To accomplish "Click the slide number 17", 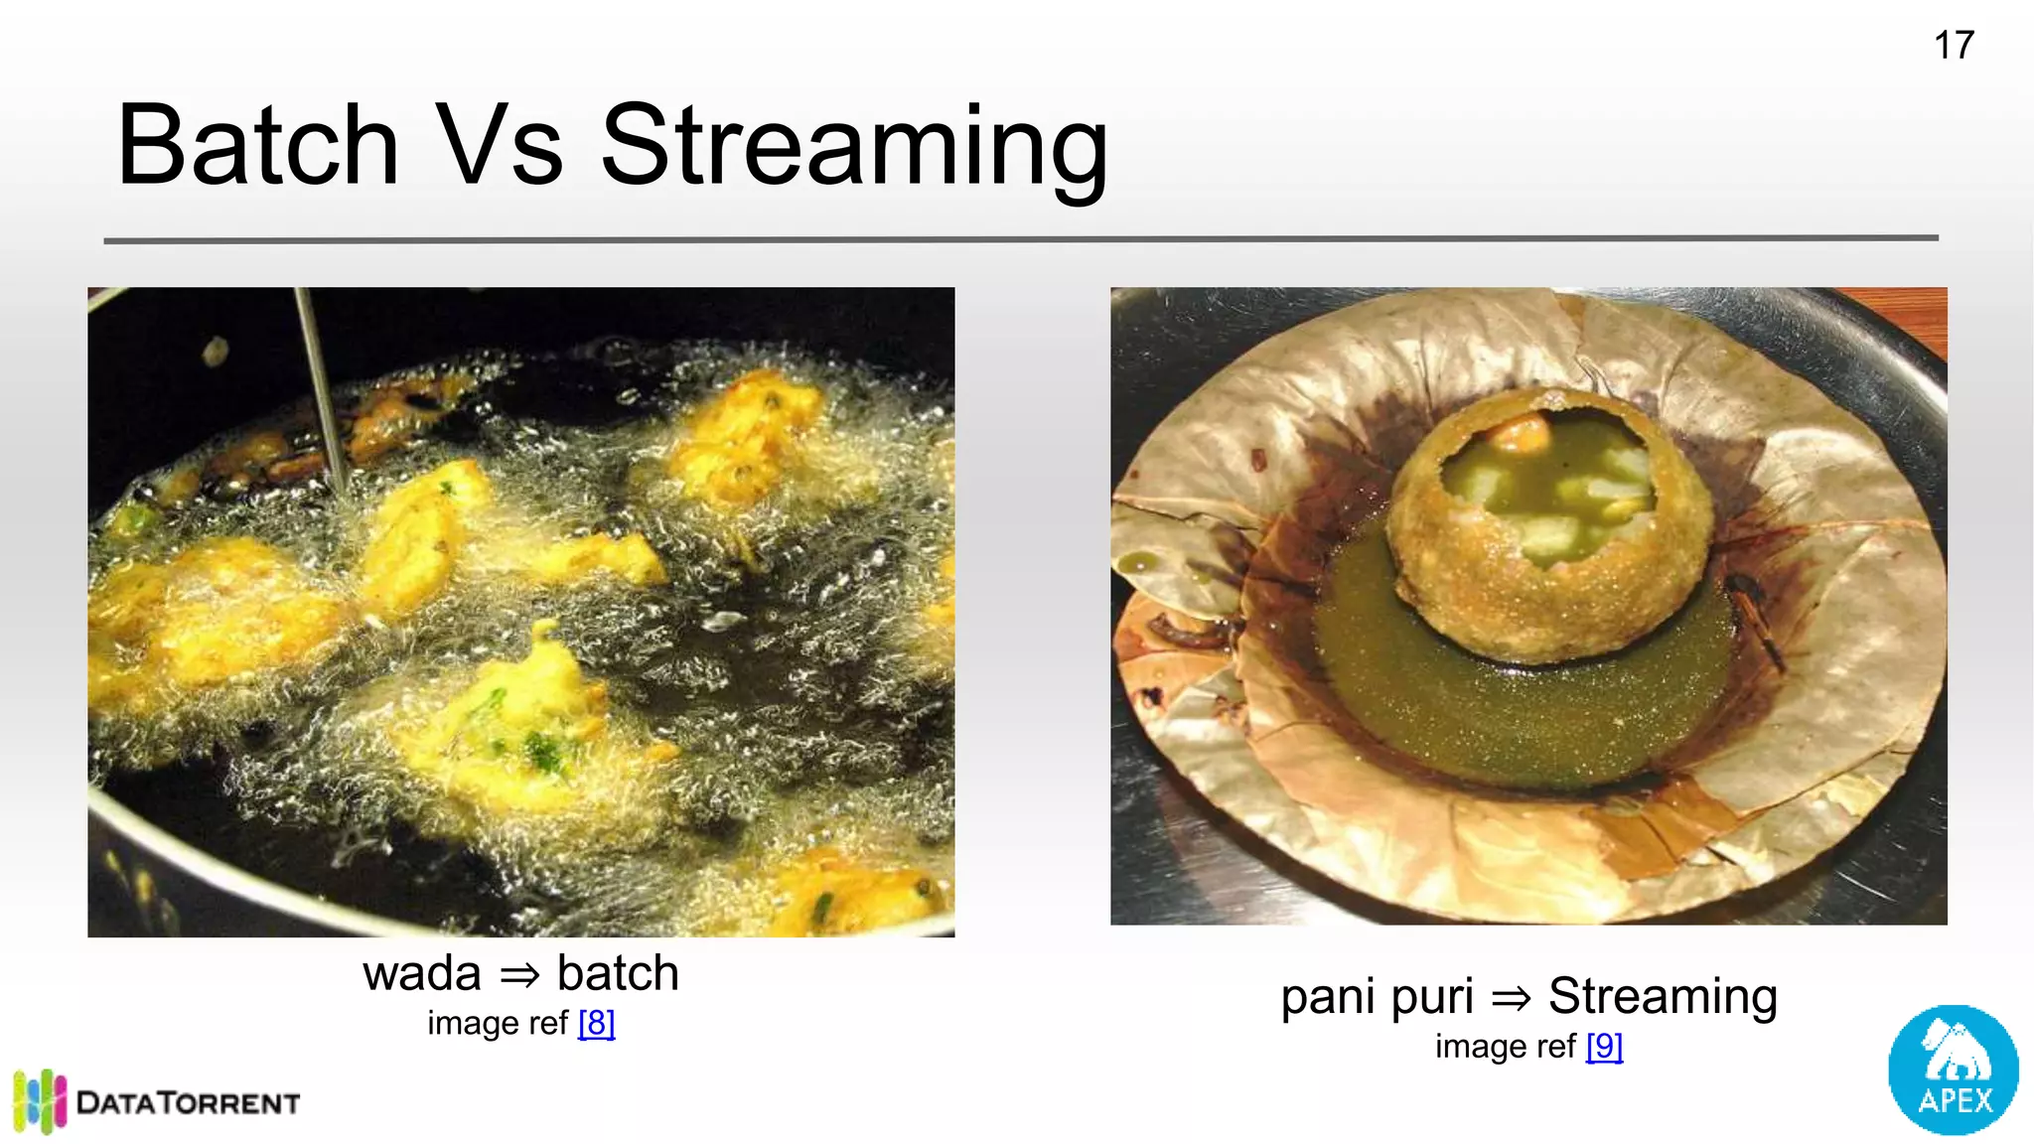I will [x=1954, y=46].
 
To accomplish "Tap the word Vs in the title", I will [x=500, y=147].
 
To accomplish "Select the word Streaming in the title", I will [x=854, y=149].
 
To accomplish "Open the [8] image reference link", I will [x=596, y=1023].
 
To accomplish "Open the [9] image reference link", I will [x=1604, y=1047].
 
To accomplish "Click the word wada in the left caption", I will [x=422, y=974].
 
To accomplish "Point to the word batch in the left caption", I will [x=618, y=973].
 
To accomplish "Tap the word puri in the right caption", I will [x=1432, y=998].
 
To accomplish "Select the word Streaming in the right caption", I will [x=1663, y=996].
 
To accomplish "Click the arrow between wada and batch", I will [x=519, y=976].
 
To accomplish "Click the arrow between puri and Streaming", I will [x=1511, y=998].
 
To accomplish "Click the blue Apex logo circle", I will [x=1953, y=1070].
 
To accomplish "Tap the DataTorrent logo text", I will [x=188, y=1103].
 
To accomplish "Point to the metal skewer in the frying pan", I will [x=320, y=387].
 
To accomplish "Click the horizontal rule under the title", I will [x=1021, y=239].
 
